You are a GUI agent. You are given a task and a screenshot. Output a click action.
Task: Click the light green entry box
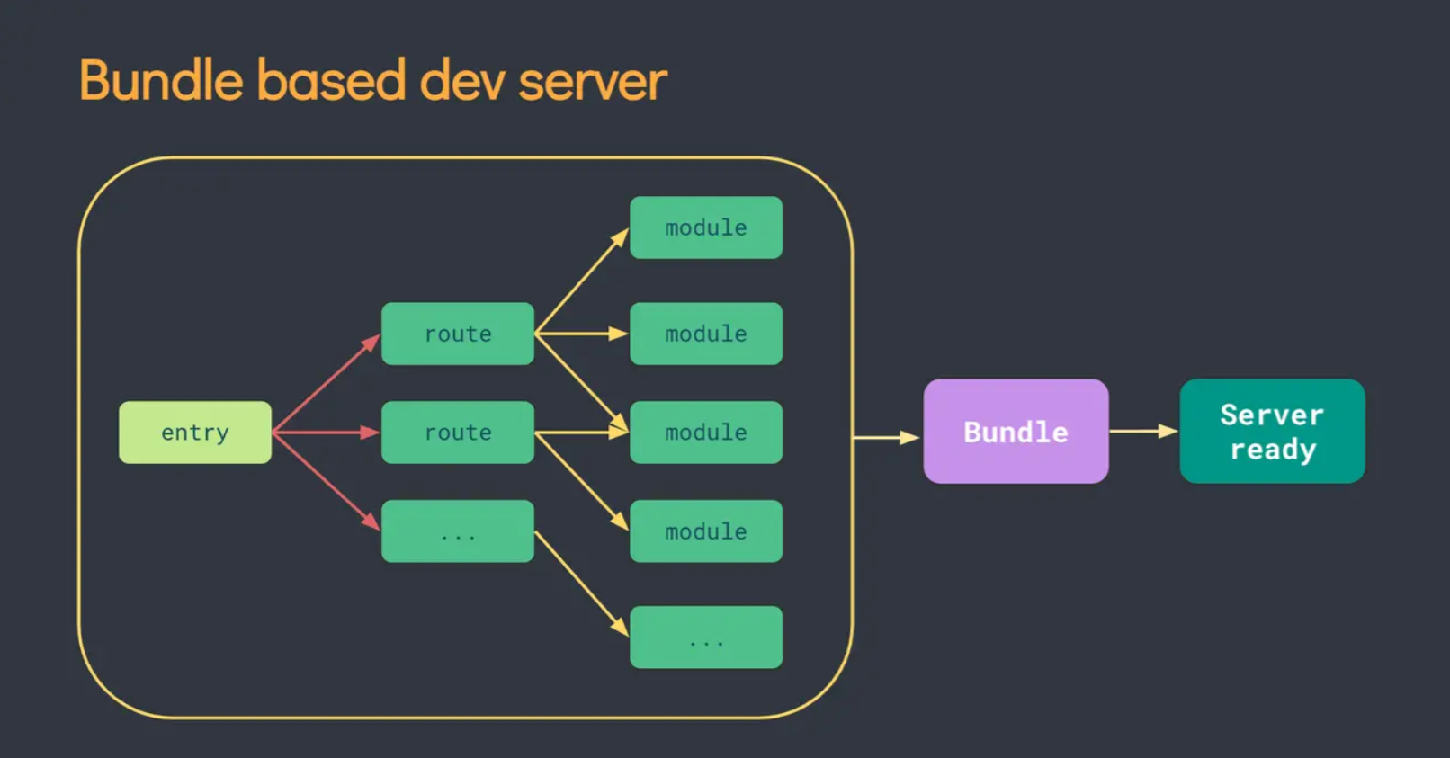tap(195, 432)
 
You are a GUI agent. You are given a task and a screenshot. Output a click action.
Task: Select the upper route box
tap(458, 334)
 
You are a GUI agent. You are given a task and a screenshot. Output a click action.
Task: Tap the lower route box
tap(458, 432)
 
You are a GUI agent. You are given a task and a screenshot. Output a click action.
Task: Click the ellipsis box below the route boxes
tap(458, 531)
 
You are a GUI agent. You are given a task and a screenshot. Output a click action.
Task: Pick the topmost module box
tap(706, 227)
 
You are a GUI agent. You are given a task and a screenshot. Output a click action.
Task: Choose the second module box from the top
tap(706, 334)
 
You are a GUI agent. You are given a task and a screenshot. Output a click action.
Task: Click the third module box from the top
tap(706, 432)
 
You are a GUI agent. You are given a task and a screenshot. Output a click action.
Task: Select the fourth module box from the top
tap(706, 531)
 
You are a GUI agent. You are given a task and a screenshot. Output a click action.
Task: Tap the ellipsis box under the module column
tap(706, 637)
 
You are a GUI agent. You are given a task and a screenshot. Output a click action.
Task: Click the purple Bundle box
tap(1016, 431)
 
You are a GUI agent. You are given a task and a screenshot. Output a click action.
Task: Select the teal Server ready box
tap(1273, 431)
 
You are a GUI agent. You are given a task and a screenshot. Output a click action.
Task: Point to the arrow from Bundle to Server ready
tap(1144, 431)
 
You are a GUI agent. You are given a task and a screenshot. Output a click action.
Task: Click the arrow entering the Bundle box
tap(886, 438)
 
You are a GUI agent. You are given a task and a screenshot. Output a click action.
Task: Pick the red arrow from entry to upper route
tap(327, 382)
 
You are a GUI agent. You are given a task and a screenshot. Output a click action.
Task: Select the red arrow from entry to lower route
tap(327, 432)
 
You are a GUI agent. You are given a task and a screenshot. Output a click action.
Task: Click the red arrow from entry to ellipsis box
tap(327, 481)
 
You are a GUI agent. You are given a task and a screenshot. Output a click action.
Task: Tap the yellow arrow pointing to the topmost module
tap(582, 281)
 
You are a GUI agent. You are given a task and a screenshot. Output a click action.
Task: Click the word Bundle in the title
tap(161, 80)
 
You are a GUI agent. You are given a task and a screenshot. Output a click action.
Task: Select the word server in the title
tap(592, 83)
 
